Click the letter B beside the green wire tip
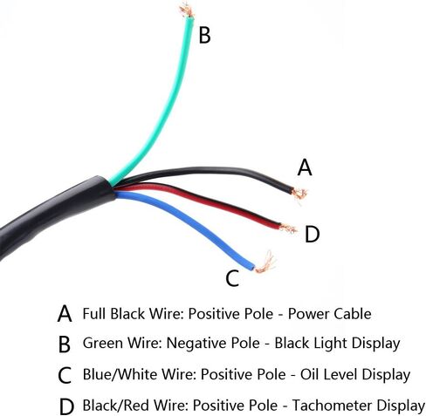coord(204,35)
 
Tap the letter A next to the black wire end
coord(305,167)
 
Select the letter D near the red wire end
coord(312,235)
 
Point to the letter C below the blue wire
coord(232,278)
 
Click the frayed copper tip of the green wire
coord(186,10)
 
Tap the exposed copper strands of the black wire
coord(299,194)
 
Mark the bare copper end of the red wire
coord(288,228)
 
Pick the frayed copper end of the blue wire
coord(265,263)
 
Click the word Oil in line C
coord(310,374)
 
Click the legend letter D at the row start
coord(66,406)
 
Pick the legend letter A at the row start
coord(65,314)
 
